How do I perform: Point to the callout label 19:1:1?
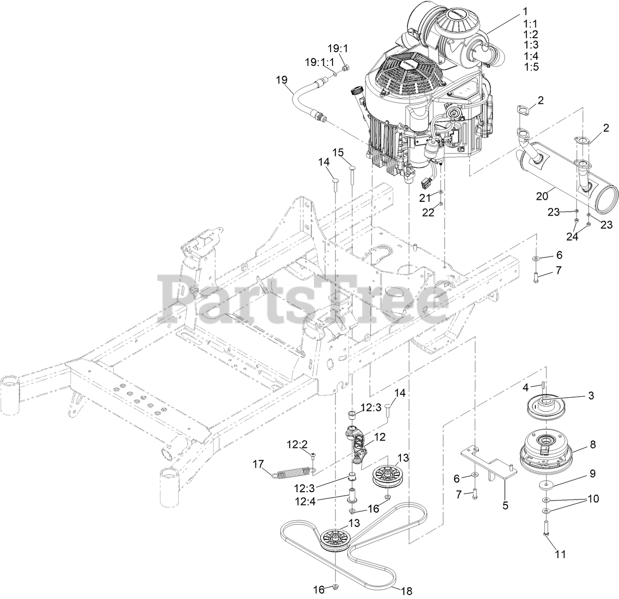[319, 62]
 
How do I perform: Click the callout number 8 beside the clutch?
[592, 444]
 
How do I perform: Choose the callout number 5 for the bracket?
[506, 505]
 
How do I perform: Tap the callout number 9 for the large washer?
[592, 473]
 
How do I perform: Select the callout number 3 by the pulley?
[591, 395]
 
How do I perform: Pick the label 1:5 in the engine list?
[531, 66]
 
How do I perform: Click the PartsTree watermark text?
[305, 298]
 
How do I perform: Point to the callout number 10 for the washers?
[592, 499]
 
